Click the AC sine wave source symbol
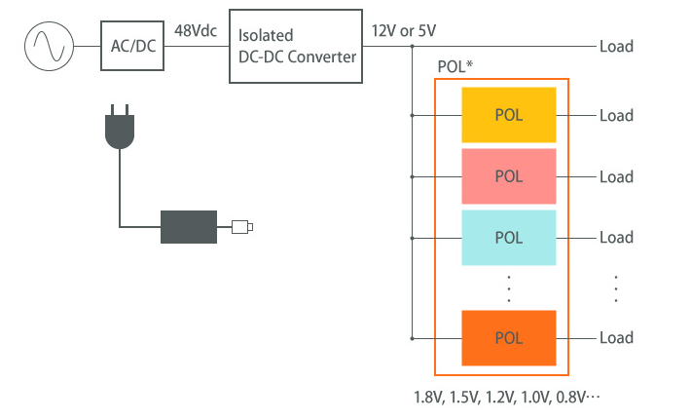[x=48, y=46]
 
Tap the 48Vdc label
[x=197, y=30]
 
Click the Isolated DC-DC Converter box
[x=298, y=46]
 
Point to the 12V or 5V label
[x=404, y=30]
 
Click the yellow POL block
[x=508, y=115]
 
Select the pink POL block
[x=508, y=176]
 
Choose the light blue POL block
[x=508, y=237]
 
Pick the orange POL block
[x=508, y=338]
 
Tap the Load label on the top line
[x=616, y=46]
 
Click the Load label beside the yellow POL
[x=616, y=115]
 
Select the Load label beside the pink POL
[x=616, y=176]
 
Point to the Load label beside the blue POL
[x=616, y=237]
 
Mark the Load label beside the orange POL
[x=616, y=338]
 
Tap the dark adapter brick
[x=189, y=227]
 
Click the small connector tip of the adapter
[x=242, y=228]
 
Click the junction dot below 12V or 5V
[x=413, y=46]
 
